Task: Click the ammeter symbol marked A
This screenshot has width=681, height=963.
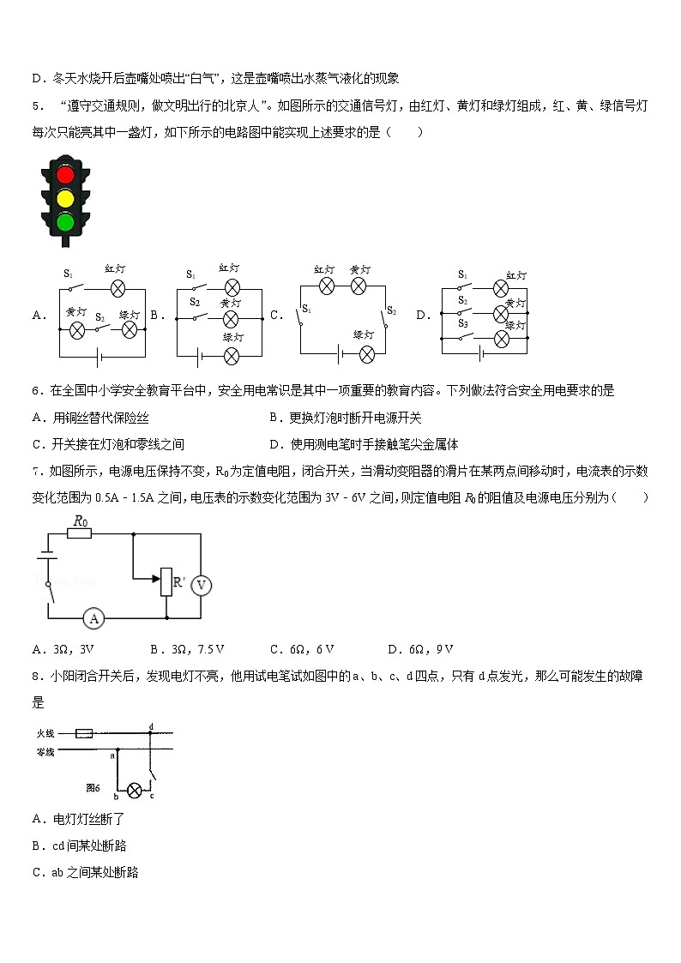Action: (x=95, y=617)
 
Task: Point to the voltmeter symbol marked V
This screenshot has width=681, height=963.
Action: (x=201, y=585)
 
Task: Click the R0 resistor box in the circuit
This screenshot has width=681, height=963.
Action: (x=79, y=533)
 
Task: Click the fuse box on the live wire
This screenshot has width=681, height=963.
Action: (x=85, y=733)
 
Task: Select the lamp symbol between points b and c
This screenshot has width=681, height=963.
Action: (x=133, y=790)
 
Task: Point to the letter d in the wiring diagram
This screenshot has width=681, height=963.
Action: (x=151, y=726)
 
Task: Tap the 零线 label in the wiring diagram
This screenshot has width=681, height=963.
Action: (x=45, y=752)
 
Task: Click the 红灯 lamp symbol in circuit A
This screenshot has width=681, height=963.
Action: (x=119, y=286)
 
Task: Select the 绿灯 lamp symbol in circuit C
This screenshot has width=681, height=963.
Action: (x=367, y=354)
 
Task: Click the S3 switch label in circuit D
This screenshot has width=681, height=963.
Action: (x=462, y=324)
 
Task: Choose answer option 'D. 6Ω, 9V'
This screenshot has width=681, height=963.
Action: (x=420, y=649)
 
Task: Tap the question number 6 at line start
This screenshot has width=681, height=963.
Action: (x=35, y=391)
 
